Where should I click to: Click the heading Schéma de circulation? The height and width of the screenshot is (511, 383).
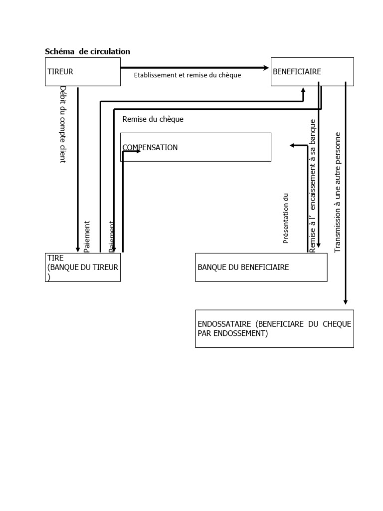click(x=87, y=51)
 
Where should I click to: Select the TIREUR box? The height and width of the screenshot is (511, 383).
click(x=82, y=71)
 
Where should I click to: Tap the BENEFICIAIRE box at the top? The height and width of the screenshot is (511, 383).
click(x=312, y=71)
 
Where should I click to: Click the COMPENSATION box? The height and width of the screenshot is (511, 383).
click(x=195, y=147)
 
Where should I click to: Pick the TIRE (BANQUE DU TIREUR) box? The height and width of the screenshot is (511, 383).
click(x=82, y=267)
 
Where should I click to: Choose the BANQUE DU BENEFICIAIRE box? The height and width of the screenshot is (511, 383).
click(x=261, y=267)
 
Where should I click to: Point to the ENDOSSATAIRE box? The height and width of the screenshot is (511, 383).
click(x=274, y=328)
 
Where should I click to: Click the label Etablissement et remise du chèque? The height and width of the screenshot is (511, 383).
click(x=188, y=75)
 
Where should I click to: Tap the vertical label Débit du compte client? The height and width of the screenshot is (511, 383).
click(x=63, y=124)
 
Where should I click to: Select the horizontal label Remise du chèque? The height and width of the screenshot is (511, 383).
click(x=153, y=119)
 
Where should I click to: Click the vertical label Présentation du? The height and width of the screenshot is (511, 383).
click(x=286, y=219)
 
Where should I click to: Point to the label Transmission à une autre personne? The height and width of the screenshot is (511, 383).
click(x=338, y=192)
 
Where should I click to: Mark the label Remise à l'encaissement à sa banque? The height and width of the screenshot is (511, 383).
click(x=313, y=186)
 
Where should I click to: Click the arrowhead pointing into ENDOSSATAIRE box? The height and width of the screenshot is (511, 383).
click(x=346, y=301)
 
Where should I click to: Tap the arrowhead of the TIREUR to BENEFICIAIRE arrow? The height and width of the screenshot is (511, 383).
click(x=266, y=67)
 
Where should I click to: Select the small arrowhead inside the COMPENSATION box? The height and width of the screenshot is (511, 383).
click(x=138, y=151)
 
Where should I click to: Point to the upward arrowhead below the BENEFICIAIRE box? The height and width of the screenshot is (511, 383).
click(x=303, y=91)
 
